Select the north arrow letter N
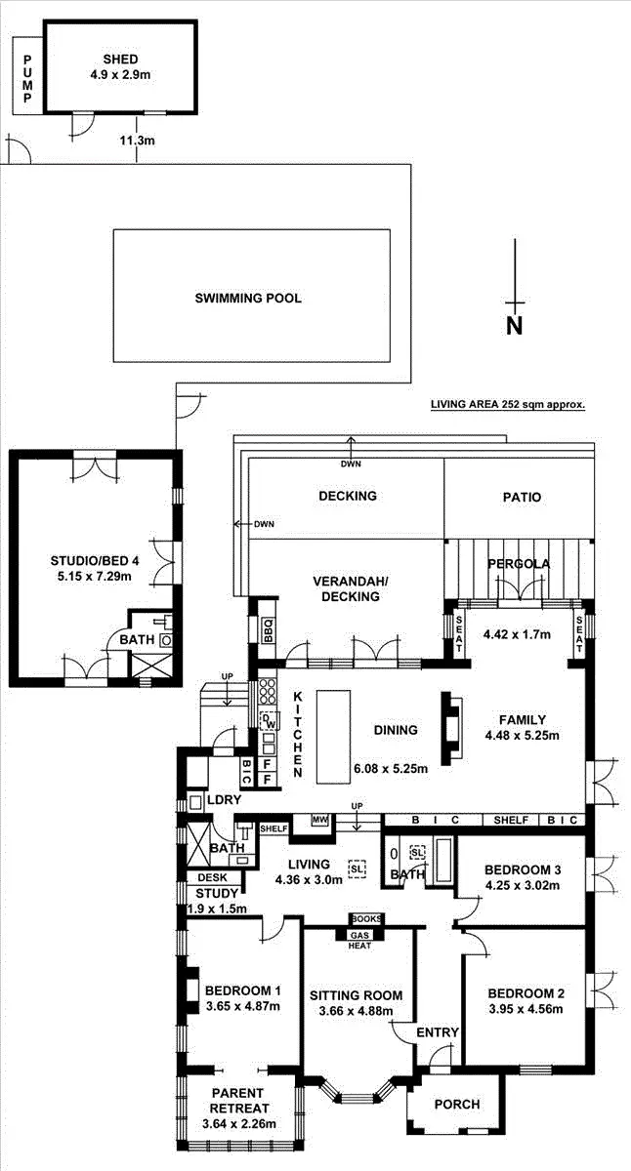point(514,326)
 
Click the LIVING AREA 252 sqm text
point(508,403)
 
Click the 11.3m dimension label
point(137,141)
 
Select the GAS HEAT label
point(360,939)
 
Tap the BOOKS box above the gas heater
point(366,919)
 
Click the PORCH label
point(456,1104)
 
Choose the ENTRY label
point(436,1032)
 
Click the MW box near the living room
point(318,821)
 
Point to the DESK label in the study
point(211,877)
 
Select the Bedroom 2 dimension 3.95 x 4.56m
point(526,1009)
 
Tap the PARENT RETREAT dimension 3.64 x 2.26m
point(238,1123)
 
